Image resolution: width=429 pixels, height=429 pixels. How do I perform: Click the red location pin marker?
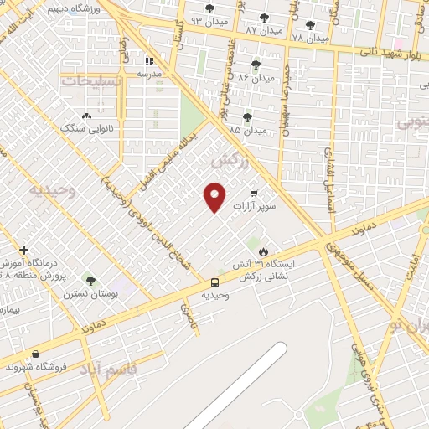click(215, 197)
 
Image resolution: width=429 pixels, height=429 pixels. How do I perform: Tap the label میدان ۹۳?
click(208, 19)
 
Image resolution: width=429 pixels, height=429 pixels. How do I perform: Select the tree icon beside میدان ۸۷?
click(265, 17)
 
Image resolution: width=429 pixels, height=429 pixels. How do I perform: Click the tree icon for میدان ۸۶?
click(256, 65)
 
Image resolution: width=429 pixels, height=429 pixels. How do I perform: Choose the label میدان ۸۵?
click(247, 131)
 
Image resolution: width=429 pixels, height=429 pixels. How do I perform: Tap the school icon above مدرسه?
click(150, 61)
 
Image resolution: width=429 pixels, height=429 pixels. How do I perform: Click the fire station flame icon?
click(264, 251)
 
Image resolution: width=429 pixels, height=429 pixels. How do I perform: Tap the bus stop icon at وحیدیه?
click(215, 282)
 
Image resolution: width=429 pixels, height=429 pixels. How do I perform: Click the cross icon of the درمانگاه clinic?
click(24, 250)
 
